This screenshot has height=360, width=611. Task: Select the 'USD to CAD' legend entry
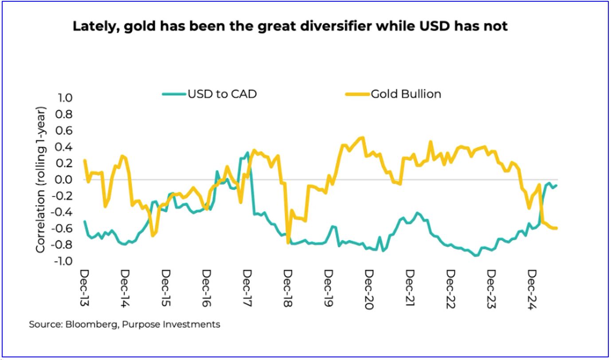point(222,94)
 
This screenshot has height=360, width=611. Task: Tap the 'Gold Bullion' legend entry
point(406,94)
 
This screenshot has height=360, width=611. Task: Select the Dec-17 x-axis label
point(247,288)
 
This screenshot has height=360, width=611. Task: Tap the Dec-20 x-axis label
point(369,288)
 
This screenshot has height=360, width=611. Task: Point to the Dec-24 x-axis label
point(532,288)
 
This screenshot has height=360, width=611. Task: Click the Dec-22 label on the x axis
point(450,288)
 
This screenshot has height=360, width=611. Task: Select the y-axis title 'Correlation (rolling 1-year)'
point(41,180)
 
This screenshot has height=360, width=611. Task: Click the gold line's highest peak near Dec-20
point(363,137)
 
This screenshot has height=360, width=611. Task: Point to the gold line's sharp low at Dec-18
point(288,243)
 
